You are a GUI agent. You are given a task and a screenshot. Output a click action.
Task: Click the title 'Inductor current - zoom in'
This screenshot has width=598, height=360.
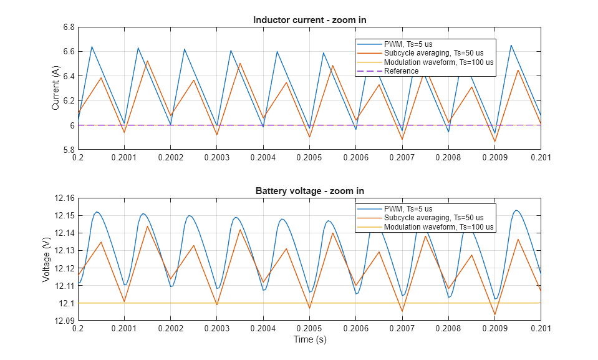[309, 20]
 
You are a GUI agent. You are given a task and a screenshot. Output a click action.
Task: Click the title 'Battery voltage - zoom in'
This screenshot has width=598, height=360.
[309, 191]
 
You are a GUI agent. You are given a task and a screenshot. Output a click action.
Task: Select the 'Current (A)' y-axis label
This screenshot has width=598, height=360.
[56, 89]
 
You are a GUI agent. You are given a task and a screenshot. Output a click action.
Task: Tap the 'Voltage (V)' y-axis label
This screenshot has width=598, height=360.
[46, 260]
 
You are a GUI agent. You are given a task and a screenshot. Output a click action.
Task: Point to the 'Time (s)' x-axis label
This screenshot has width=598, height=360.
[309, 340]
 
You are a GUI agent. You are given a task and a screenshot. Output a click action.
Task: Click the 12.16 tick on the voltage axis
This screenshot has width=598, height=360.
[63, 198]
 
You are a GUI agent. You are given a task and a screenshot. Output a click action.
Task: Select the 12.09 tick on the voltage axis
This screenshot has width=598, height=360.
[63, 321]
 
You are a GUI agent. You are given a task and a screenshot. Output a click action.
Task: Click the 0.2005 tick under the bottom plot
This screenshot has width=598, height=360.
[309, 328]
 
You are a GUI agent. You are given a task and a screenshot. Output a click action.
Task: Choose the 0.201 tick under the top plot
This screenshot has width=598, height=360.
[540, 157]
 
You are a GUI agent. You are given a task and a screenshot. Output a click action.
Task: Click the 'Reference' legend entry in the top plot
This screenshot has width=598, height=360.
[401, 71]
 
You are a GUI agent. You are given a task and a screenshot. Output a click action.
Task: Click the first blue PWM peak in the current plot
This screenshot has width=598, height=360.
[92, 47]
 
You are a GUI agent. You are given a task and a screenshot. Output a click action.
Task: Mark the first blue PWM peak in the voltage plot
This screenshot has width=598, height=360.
[97, 212]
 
